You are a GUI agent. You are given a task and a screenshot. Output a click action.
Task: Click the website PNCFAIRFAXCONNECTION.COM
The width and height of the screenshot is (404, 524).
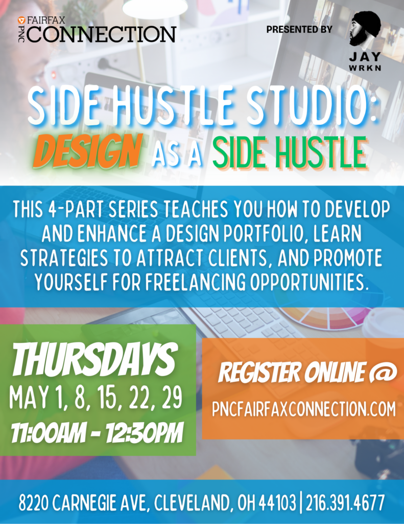[303, 409]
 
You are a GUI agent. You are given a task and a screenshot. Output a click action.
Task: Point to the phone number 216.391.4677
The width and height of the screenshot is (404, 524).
[345, 503]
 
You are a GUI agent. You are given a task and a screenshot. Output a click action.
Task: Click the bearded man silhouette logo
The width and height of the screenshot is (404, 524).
[365, 29]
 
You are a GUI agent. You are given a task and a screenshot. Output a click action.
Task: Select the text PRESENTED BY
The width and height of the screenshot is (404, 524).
[299, 29]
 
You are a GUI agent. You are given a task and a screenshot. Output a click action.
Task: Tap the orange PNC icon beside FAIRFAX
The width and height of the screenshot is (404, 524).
[22, 20]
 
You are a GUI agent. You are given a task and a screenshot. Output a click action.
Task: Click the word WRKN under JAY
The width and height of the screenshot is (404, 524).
[365, 68]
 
